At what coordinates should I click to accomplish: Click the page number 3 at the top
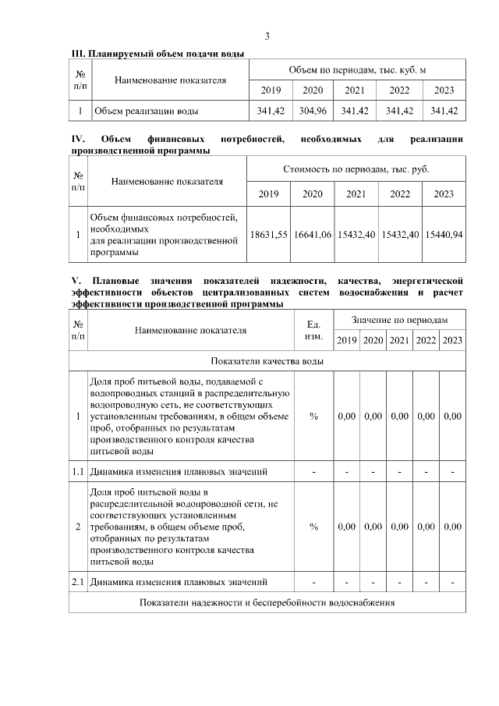click(x=267, y=37)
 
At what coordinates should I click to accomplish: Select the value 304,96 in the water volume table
click(x=313, y=111)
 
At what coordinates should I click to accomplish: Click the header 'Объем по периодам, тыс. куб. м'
click(x=356, y=69)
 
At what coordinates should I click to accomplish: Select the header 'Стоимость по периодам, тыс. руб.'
click(x=356, y=169)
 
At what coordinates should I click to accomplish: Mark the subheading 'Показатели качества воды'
click(x=267, y=360)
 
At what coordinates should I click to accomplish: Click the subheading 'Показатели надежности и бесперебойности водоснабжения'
click(x=267, y=602)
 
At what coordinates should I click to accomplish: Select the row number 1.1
click(x=78, y=471)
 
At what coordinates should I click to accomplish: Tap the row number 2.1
click(x=78, y=581)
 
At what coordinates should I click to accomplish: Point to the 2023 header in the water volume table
click(x=443, y=90)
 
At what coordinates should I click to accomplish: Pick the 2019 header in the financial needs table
click(x=269, y=193)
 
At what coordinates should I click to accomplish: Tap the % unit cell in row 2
click(x=313, y=527)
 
